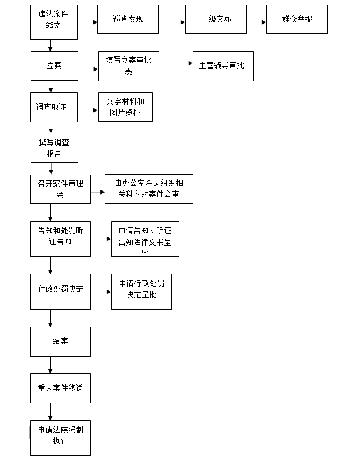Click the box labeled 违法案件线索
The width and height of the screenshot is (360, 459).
[53, 22]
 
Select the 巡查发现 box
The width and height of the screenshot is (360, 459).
[127, 19]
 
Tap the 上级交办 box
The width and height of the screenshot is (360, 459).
[216, 19]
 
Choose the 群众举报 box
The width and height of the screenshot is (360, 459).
[297, 19]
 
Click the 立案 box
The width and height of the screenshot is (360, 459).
[54, 65]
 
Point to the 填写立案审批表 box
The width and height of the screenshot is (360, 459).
[129, 65]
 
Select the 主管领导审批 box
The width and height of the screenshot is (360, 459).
[223, 66]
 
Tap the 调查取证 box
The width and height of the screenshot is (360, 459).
[53, 107]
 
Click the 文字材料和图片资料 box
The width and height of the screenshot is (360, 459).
[125, 107]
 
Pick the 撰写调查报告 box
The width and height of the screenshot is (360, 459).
[54, 148]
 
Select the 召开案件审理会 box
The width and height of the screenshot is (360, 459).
[60, 189]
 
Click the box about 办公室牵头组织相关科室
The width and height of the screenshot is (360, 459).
[149, 189]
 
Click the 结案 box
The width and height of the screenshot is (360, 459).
[60, 341]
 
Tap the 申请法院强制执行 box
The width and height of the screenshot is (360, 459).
[60, 436]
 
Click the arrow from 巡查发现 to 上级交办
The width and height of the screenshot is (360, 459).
[171, 22]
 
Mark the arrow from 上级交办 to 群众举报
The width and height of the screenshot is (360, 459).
[256, 22]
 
